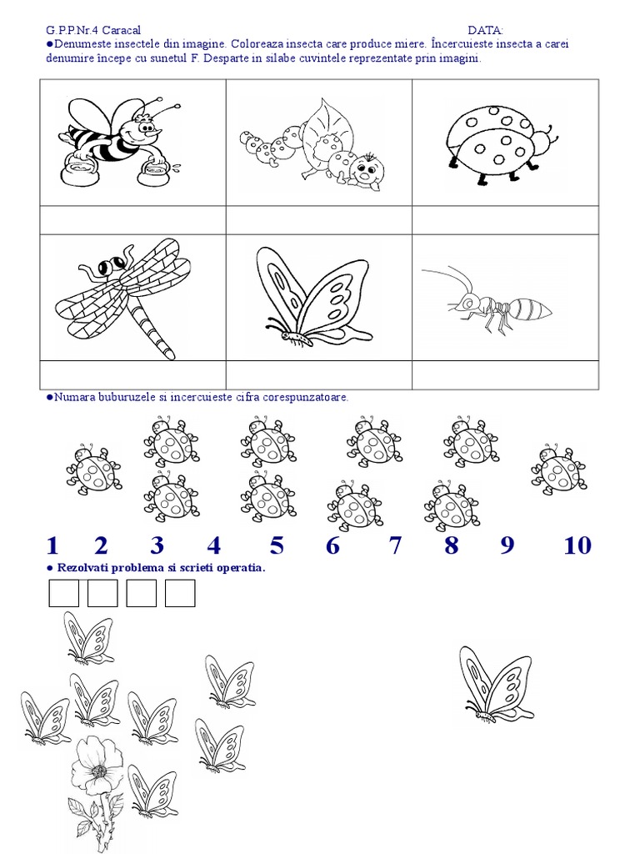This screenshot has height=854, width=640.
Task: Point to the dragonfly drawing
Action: click(123, 297)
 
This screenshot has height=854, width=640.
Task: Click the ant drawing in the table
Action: click(487, 301)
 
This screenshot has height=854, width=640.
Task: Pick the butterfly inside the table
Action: click(314, 297)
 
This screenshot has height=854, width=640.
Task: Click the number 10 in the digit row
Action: click(577, 545)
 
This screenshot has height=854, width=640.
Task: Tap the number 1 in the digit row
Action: click(52, 545)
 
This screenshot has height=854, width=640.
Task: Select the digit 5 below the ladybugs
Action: click(277, 545)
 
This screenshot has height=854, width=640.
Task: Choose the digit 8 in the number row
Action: click(451, 545)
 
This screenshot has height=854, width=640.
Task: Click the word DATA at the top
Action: click(486, 31)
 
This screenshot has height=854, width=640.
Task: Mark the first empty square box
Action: click(63, 593)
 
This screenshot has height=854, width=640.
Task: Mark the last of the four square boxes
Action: click(180, 593)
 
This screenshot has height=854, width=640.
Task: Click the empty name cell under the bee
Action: click(132, 220)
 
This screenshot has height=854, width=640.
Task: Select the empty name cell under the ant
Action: click(505, 374)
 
